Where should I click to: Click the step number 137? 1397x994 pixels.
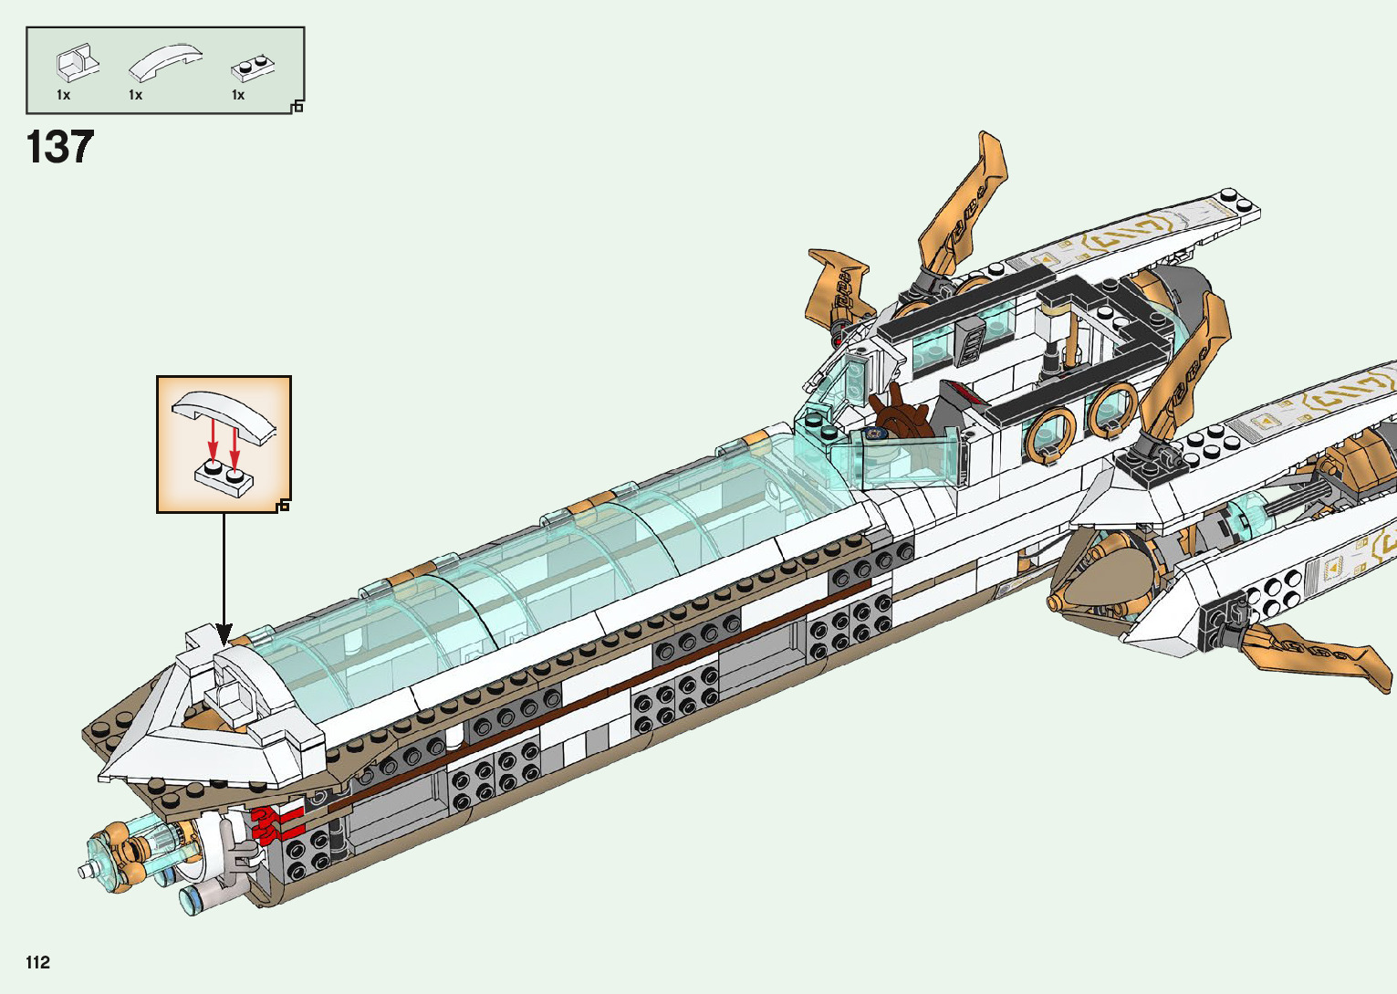(60, 147)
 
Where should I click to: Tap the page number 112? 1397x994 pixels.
(37, 962)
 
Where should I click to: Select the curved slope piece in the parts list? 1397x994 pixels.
(165, 62)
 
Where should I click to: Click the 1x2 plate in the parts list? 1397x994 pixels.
(253, 68)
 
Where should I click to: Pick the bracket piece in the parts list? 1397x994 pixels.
(78, 62)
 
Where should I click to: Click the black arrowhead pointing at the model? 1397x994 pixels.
(224, 634)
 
